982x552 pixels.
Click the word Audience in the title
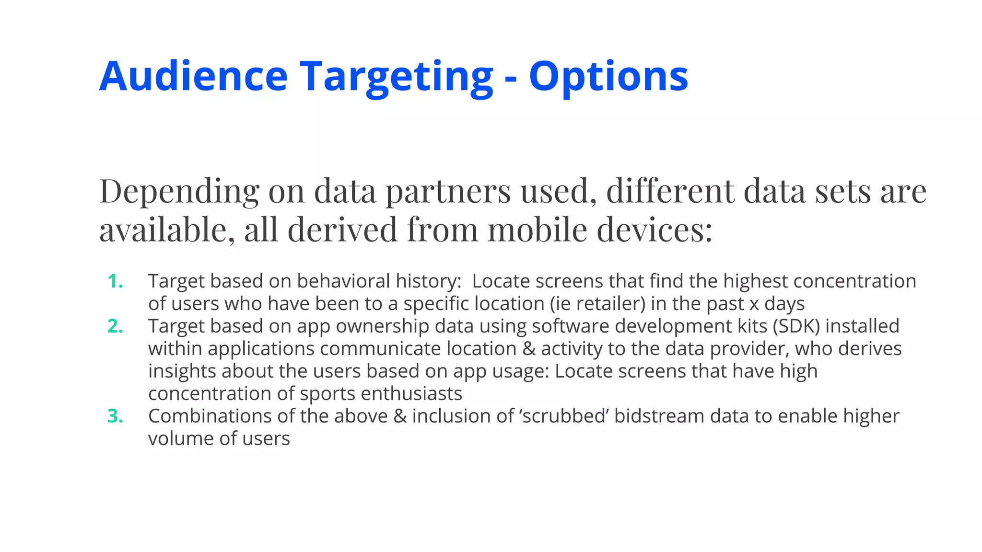pos(193,77)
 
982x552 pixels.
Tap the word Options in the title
pos(608,77)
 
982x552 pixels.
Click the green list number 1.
pos(115,281)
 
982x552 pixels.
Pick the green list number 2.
pos(115,326)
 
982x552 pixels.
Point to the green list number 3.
pos(115,416)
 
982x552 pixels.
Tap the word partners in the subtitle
pos(448,192)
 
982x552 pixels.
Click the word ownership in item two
pos(363,326)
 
